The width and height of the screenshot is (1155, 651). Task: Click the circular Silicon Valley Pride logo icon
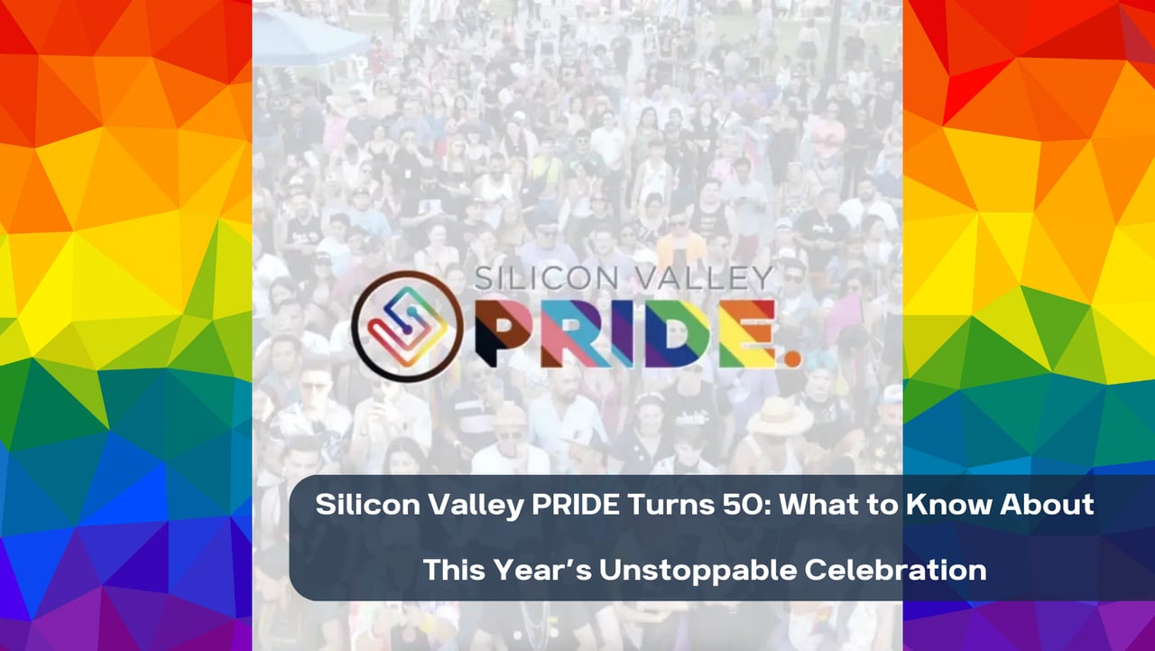pyautogui.click(x=407, y=327)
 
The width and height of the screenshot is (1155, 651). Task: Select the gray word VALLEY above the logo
pyautogui.click(x=703, y=278)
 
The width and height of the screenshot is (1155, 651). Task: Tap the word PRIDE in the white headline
pyautogui.click(x=576, y=505)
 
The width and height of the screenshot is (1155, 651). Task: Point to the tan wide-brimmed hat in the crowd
pyautogui.click(x=780, y=416)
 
